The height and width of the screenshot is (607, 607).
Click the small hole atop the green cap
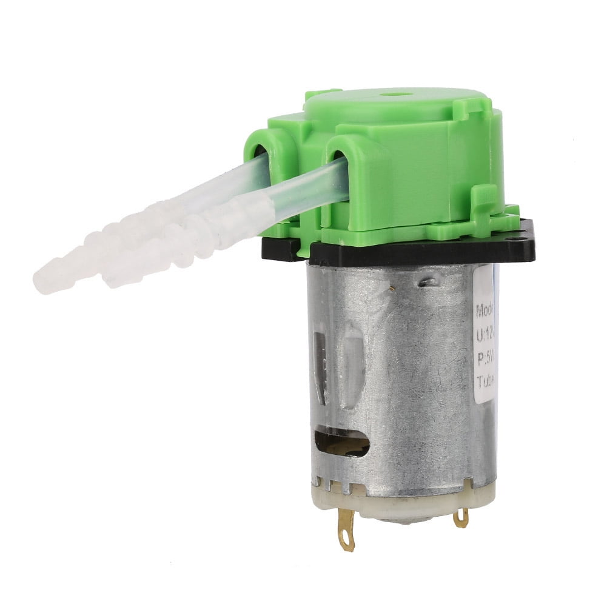click(398, 95)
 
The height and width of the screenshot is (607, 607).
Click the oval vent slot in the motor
click(340, 443)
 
